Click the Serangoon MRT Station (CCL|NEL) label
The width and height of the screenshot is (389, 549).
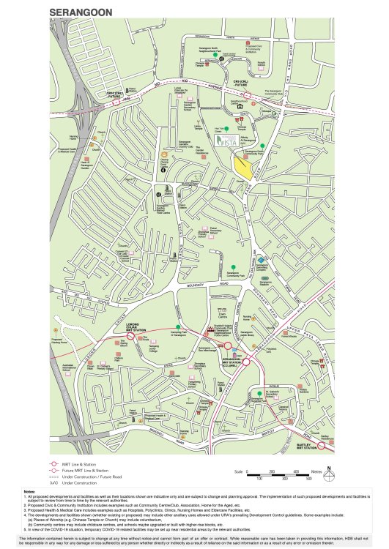pos(231,362)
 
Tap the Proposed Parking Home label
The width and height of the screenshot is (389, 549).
pos(59,340)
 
